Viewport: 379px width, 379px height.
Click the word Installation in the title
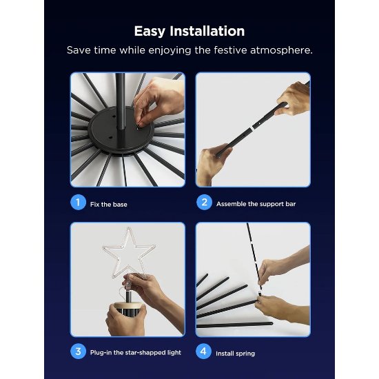tap(207, 31)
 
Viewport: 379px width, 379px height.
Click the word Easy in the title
tap(150, 32)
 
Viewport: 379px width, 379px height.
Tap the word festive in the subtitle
tap(230, 50)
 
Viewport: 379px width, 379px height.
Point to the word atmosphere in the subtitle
tap(281, 50)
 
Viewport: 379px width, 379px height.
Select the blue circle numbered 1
tap(78, 203)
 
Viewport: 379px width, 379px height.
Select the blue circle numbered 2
tap(204, 203)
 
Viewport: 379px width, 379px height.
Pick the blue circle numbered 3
tap(78, 351)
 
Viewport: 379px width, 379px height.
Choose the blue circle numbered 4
tap(203, 351)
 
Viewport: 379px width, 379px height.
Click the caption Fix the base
tap(108, 205)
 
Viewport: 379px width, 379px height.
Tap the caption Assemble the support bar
tap(256, 204)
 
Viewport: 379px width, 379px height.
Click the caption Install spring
tap(235, 354)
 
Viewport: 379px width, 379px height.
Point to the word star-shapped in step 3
tap(145, 353)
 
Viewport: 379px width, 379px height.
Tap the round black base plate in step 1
tap(121, 130)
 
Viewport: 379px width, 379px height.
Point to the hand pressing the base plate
tap(158, 101)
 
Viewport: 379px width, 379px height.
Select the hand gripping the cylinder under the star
tap(126, 320)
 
